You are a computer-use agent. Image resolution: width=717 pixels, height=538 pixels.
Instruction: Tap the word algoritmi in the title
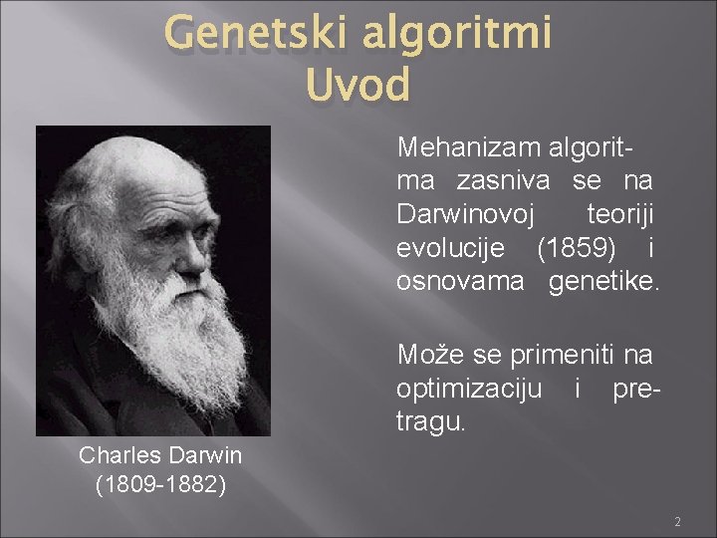coord(456,35)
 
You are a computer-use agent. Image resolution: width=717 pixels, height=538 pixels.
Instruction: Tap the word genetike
coord(603,282)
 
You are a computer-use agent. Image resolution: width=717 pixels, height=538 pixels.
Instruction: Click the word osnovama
coord(459,282)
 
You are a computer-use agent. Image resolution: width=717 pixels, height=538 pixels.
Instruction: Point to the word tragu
coord(430,422)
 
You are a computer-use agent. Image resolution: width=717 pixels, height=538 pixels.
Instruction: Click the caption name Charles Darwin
coord(160,456)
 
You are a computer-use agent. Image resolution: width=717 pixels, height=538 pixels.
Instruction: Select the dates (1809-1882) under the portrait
coord(160,485)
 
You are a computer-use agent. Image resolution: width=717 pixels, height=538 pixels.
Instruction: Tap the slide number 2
coord(677,522)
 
